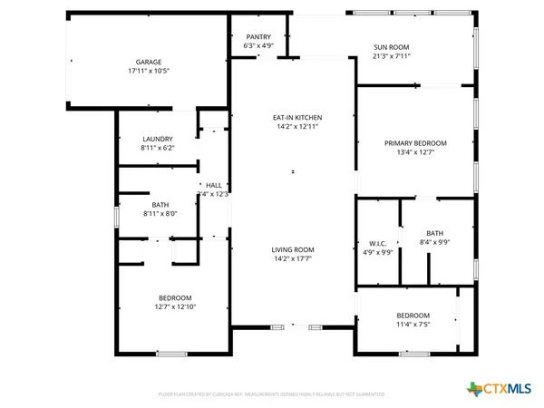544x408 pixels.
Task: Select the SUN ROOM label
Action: [x=393, y=46]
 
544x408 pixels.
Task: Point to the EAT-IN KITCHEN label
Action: [x=298, y=118]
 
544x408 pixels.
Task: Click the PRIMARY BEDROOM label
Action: [x=416, y=143]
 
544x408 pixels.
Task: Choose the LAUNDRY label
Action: [x=157, y=139]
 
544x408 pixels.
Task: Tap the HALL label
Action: [x=214, y=185]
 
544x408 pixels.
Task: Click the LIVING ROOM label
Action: [x=293, y=249]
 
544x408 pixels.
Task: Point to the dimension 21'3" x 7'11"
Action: [x=393, y=55]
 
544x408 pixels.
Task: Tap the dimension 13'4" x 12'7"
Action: [x=416, y=152]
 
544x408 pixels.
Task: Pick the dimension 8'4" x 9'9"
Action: [x=434, y=242]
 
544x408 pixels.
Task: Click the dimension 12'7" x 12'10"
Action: [x=175, y=307]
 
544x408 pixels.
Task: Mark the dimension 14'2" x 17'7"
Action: [x=293, y=258]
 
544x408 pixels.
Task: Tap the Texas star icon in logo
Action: [x=472, y=388]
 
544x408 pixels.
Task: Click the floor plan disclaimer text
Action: [x=272, y=394]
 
